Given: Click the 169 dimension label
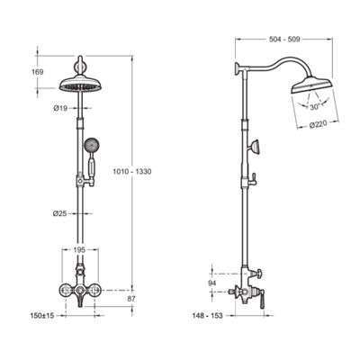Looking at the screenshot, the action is (38, 72).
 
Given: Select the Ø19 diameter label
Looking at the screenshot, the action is (60, 109).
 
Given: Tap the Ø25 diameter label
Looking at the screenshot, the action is (60, 213).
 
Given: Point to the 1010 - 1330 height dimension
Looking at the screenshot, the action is (132, 172).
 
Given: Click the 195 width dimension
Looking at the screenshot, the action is (79, 249).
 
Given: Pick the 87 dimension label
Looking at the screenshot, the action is (131, 299).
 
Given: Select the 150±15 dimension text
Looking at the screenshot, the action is (42, 316).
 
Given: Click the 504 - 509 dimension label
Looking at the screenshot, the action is (283, 40).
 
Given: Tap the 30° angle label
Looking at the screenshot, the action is (315, 107).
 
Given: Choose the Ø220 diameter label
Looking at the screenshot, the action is (319, 124).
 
